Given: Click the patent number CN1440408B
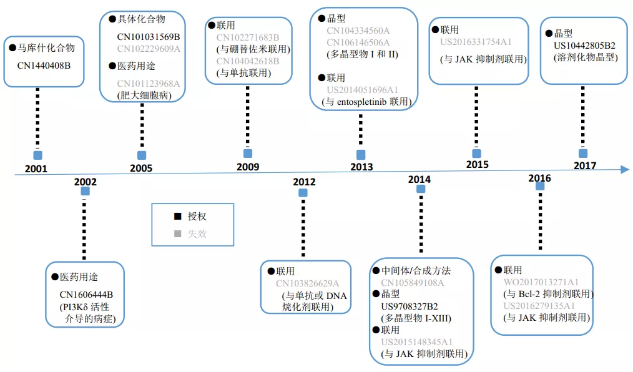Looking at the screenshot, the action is pos(44,66).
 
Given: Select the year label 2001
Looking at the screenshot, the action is pos(36,169).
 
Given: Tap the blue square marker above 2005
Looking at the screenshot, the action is pos(142,155).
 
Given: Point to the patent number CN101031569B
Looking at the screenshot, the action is pos(149,37).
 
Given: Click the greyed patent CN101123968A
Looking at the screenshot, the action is pos(149,84).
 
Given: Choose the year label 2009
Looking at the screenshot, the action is pos(248,167).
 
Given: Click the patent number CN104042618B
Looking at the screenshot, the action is pos(248,61).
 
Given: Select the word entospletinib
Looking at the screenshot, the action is pos(361,102).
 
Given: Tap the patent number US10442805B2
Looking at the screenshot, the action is pos(584,46).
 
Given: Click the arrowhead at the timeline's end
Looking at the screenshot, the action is pos(625,169).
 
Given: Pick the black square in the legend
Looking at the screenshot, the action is pos(178,216).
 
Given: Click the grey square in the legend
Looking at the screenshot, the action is pos(178,233).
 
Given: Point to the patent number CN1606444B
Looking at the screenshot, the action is pos(86,295).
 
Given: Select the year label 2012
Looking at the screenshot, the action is pos(304,182).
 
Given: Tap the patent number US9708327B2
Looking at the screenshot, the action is pos(410,306).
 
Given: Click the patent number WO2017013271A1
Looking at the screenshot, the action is pos(541,282).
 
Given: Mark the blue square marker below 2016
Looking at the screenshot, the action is pos(540,186).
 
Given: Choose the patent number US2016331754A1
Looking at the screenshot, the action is pos(476,42).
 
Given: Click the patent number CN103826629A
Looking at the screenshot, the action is pos(308,283).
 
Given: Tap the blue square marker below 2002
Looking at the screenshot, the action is pos(85,191).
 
